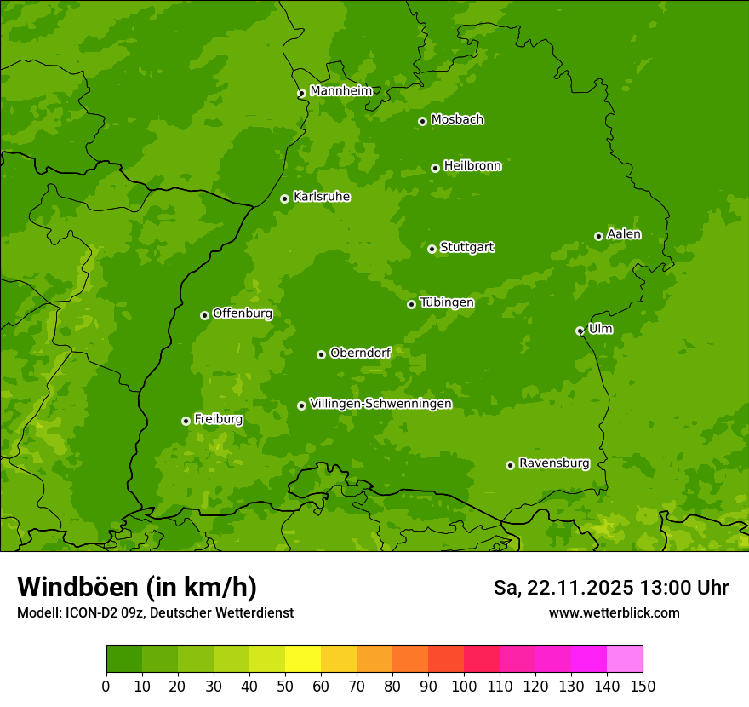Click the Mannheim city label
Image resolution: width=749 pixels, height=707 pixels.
point(340,91)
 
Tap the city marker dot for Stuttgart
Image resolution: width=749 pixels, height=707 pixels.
point(432,249)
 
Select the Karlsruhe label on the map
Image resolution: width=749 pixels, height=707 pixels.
point(321,197)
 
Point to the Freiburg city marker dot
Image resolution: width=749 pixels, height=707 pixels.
point(186,421)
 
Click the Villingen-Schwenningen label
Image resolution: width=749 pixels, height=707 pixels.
point(380,404)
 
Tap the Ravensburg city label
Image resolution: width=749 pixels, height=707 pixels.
point(553,463)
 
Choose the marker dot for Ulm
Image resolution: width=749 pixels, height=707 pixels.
point(580,331)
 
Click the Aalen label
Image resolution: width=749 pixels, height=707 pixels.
point(624,234)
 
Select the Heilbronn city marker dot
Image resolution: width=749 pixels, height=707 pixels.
point(435,168)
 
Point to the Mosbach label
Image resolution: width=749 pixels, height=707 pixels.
point(457,120)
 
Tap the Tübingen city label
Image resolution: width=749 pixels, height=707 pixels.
point(446,302)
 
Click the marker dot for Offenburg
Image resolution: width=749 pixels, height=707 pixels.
point(204,315)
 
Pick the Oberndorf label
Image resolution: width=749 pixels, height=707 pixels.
point(360,353)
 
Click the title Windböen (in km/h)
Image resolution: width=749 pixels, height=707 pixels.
point(137,587)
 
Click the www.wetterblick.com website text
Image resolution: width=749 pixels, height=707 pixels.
point(614,612)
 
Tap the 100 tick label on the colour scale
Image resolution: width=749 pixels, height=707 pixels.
point(464,686)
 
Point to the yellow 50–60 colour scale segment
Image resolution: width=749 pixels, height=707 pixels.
point(303,658)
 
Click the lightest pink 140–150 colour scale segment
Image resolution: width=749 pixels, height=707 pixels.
point(625,658)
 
